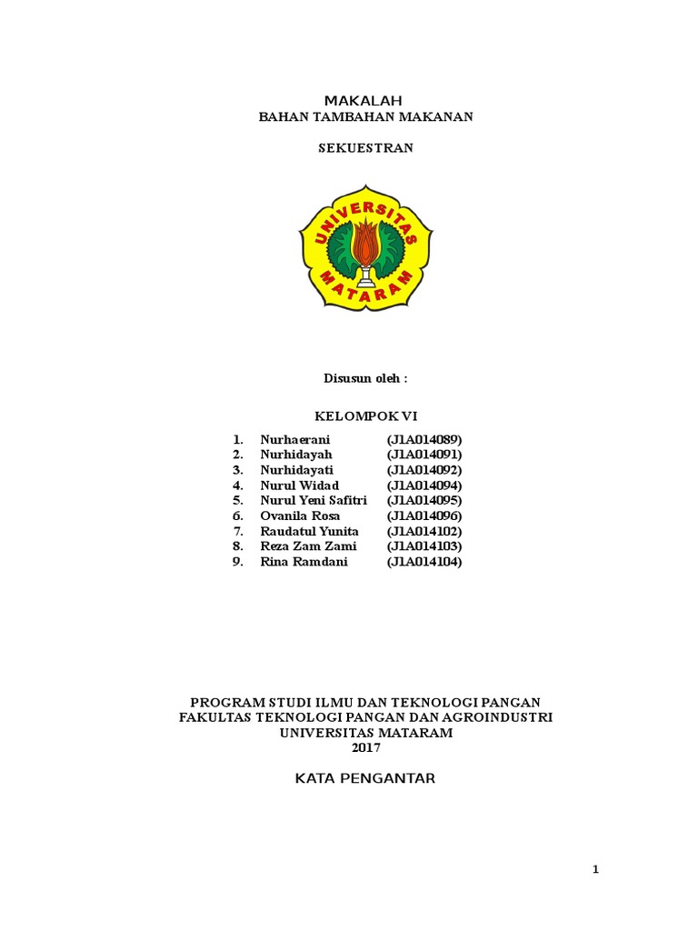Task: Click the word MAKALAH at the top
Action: tap(364, 100)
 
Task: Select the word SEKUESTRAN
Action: tap(365, 147)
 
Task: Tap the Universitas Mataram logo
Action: tap(365, 248)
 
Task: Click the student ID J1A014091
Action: tap(424, 455)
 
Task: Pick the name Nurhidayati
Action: tap(296, 470)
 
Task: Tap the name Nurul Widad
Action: tap(299, 486)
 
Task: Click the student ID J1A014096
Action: tap(424, 516)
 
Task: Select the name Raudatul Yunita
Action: tap(309, 532)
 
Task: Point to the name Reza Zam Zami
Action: tap(308, 546)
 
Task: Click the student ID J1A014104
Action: tap(424, 562)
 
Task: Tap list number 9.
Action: tap(237, 562)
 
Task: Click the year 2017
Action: tap(365, 748)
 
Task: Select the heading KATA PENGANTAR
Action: tap(365, 778)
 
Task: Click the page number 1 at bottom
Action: tap(596, 870)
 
